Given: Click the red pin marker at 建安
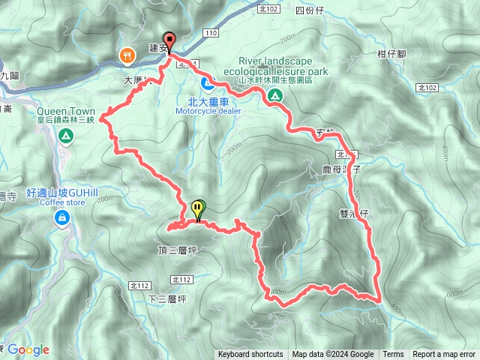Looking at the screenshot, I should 169,41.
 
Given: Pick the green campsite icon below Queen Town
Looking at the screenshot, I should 66,136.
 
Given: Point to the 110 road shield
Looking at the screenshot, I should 211,34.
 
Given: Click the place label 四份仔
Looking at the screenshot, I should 309,10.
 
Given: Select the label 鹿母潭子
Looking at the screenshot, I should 342,170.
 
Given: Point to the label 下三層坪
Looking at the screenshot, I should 167,298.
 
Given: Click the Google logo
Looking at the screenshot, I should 28,349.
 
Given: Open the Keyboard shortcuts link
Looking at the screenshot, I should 250,355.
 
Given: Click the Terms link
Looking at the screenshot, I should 393,355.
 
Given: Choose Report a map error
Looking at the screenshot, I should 444,355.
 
